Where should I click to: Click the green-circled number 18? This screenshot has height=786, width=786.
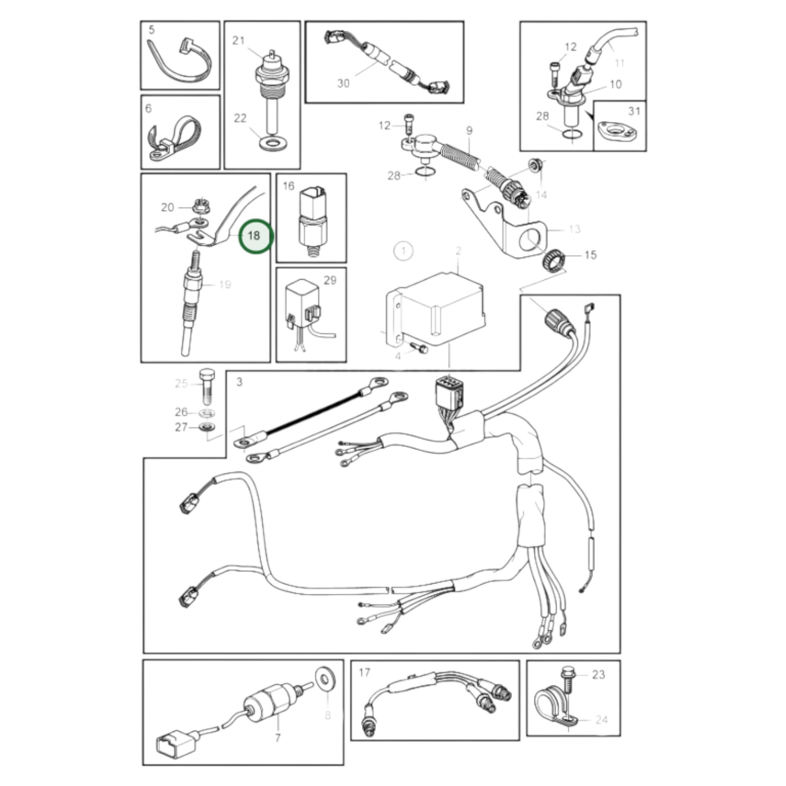(255, 236)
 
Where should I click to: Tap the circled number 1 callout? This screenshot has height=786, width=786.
(403, 250)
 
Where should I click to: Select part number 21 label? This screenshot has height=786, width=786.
(238, 41)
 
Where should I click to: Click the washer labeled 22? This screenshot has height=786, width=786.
(272, 143)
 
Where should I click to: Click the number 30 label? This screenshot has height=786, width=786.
(343, 83)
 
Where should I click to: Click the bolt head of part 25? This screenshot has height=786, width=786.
(207, 373)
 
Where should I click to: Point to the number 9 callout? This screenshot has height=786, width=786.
(469, 131)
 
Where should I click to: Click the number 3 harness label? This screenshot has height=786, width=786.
(240, 382)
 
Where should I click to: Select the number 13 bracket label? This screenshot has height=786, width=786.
(574, 229)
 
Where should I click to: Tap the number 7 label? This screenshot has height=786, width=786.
(277, 738)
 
